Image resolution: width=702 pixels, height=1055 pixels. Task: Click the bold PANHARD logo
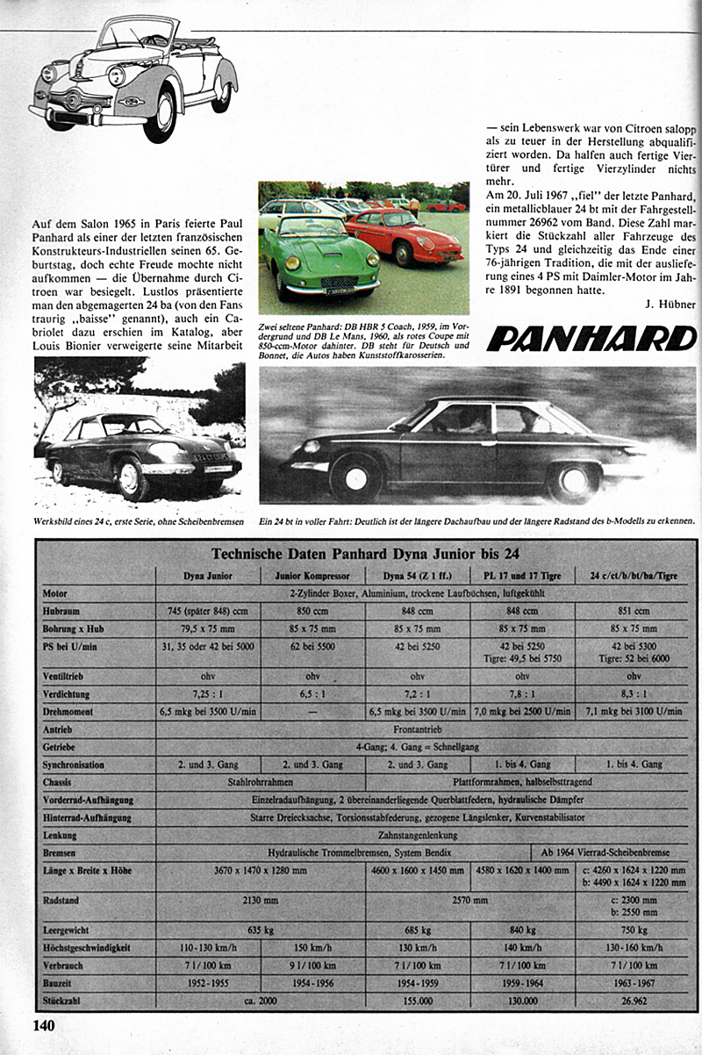click(x=591, y=338)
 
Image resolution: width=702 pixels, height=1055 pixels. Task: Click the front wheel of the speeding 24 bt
click(x=356, y=477)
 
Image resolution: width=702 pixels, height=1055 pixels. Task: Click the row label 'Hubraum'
click(x=61, y=611)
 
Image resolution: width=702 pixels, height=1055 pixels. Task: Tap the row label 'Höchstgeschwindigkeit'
click(x=85, y=949)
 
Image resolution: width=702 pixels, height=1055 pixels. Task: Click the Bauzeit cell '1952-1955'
click(x=208, y=985)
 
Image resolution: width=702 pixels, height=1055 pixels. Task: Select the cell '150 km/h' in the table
click(x=312, y=949)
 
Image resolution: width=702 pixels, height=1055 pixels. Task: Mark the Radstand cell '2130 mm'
click(x=260, y=901)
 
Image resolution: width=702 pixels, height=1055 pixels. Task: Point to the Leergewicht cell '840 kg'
click(x=521, y=929)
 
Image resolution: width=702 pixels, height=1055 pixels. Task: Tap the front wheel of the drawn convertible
click(x=161, y=115)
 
